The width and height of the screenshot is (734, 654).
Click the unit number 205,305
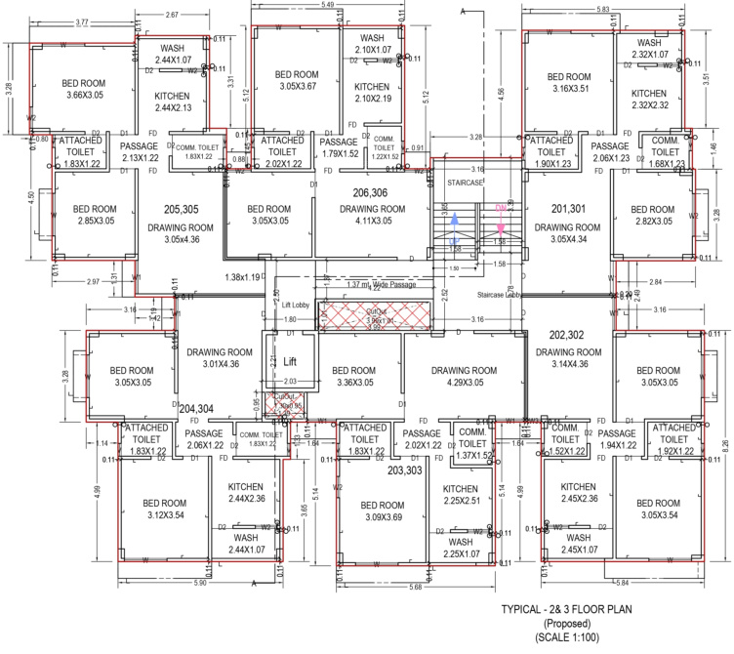point(183,209)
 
